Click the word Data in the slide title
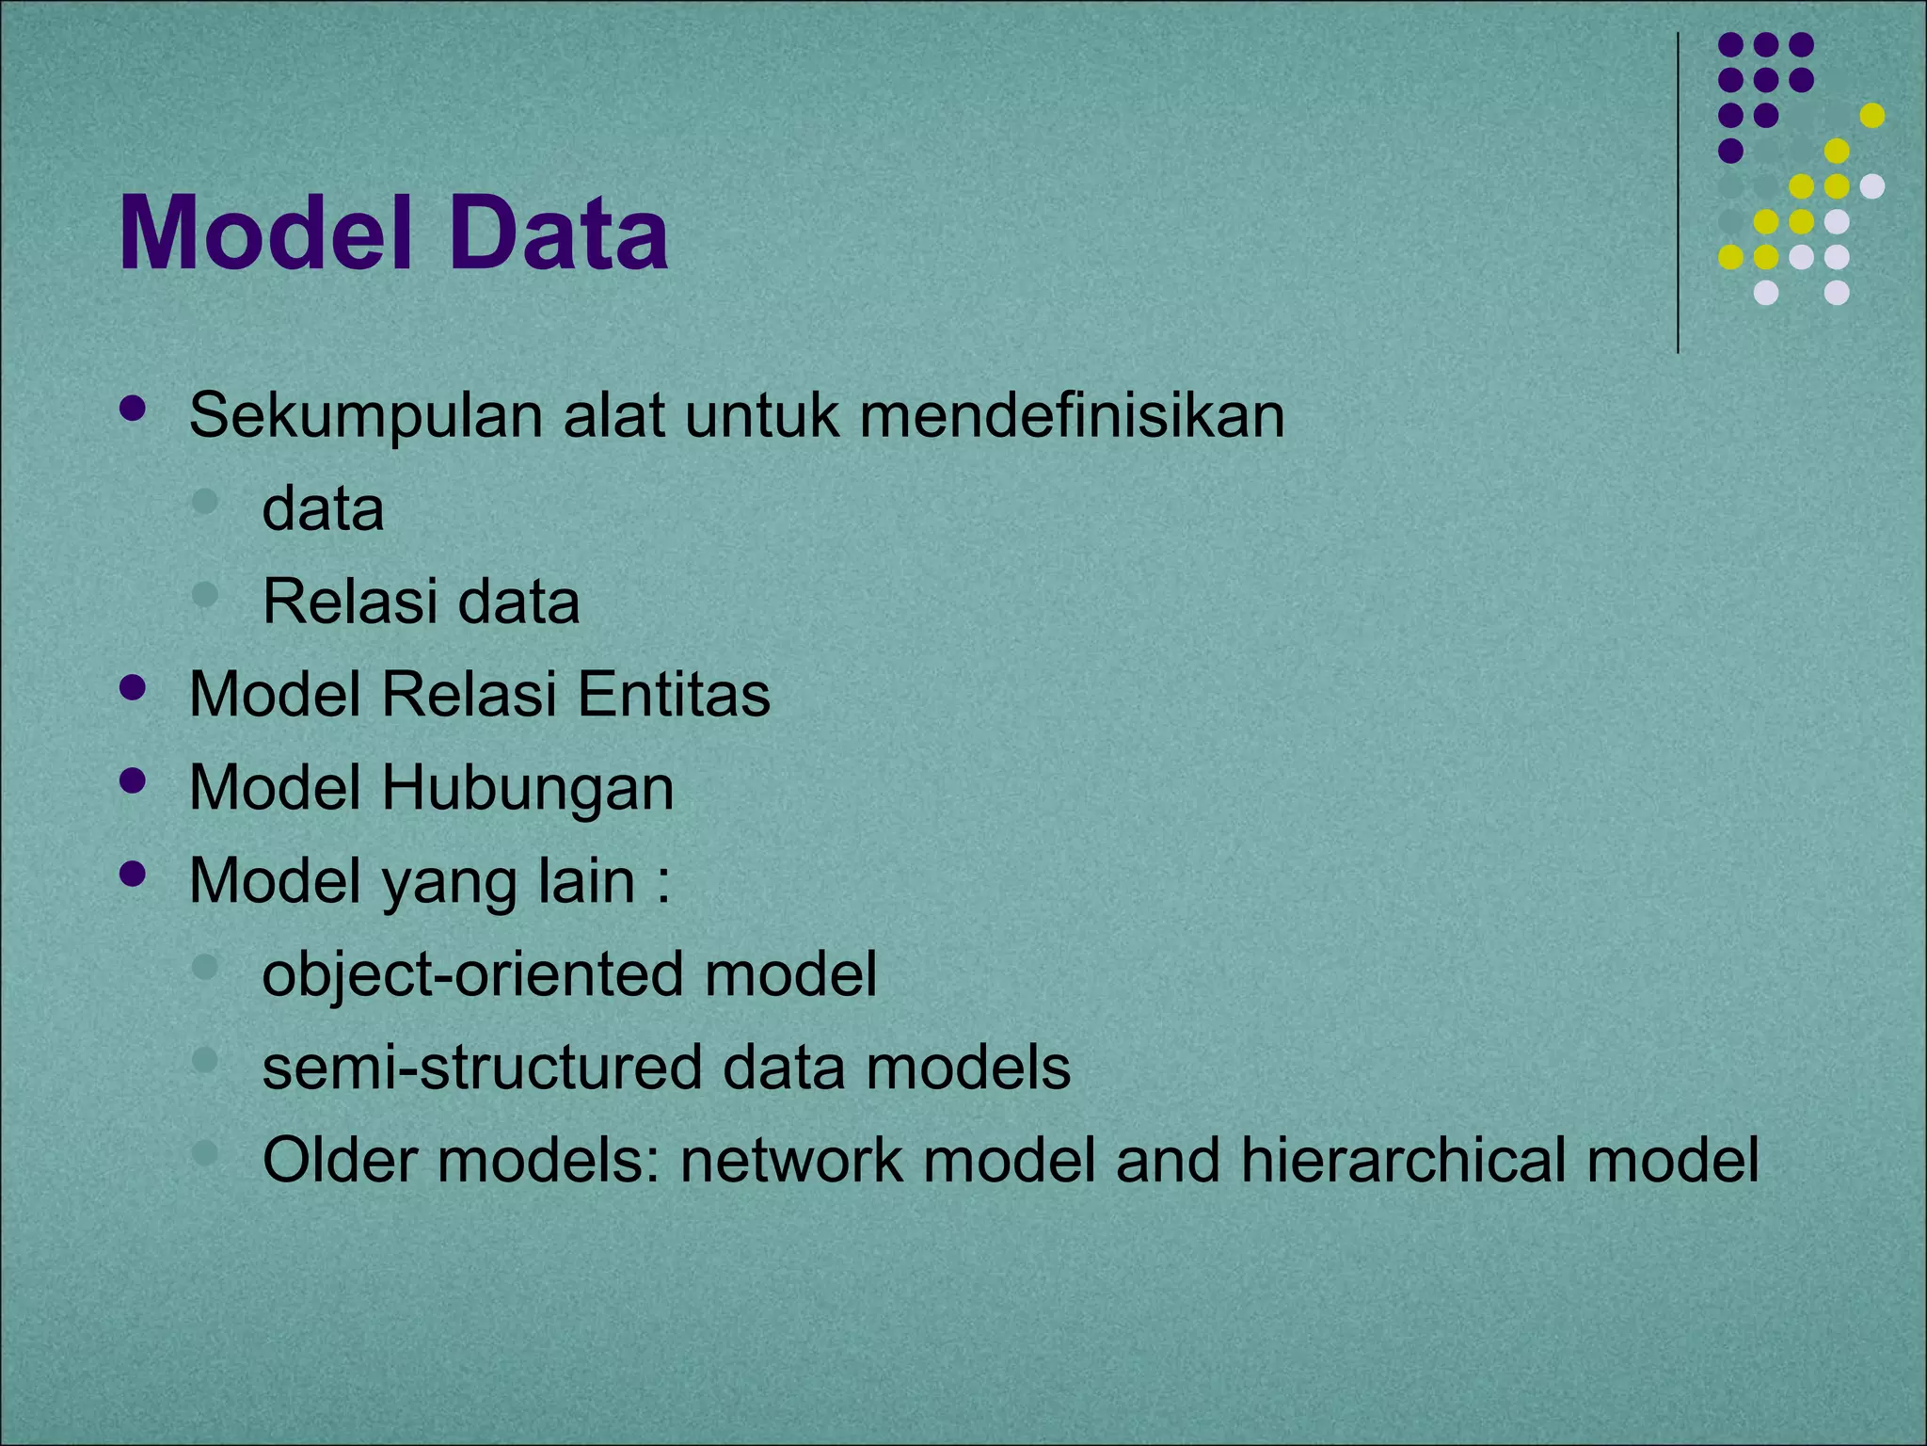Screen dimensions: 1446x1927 (557, 233)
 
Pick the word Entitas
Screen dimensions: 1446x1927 (674, 694)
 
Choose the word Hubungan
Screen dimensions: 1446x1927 (527, 787)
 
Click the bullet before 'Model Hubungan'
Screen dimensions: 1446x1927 (134, 780)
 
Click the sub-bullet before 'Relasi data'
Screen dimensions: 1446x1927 (204, 594)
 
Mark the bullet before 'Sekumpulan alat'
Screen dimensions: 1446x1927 (134, 409)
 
